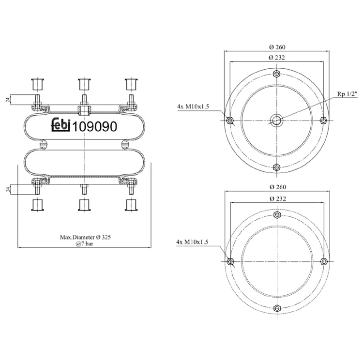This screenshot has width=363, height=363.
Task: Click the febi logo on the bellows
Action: tap(60, 125)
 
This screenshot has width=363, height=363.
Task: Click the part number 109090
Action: tap(95, 127)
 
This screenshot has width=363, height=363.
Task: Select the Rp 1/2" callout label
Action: tap(347, 94)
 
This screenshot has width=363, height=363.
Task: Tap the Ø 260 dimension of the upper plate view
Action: tap(277, 47)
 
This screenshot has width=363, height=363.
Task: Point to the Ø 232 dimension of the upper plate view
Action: tap(277, 58)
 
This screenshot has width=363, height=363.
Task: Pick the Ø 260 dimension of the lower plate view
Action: tap(278, 187)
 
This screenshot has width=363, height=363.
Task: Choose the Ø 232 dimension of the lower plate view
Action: tap(278, 198)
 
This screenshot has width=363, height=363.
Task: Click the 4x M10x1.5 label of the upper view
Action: tap(193, 106)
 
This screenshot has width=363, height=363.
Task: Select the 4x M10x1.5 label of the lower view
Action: tap(192, 242)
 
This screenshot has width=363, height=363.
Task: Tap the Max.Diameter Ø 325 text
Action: tap(85, 237)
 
